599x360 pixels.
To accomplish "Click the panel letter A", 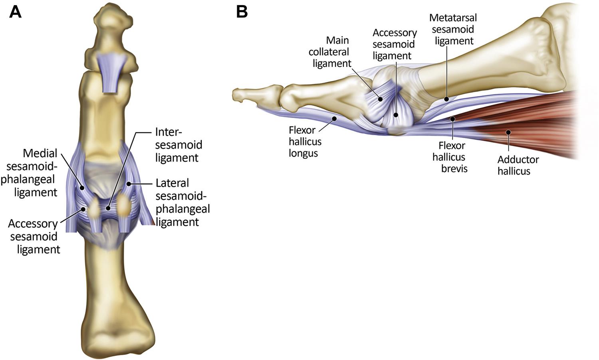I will [15, 12].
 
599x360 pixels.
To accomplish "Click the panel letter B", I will [242, 12].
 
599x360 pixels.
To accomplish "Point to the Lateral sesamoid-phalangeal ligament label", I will [182, 202].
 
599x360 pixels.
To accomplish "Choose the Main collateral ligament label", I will [330, 52].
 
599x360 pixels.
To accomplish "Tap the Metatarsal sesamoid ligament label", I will [453, 29].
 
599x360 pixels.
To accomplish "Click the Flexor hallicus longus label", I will [305, 141].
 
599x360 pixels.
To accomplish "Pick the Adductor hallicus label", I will [518, 165].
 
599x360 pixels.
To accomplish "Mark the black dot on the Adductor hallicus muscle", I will [508, 132].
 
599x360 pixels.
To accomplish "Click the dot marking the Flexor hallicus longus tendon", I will [336, 119].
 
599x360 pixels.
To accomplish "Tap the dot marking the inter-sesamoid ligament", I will [108, 208].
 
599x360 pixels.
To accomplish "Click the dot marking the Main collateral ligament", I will [380, 99].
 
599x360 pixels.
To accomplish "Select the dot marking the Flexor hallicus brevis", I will [452, 119].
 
